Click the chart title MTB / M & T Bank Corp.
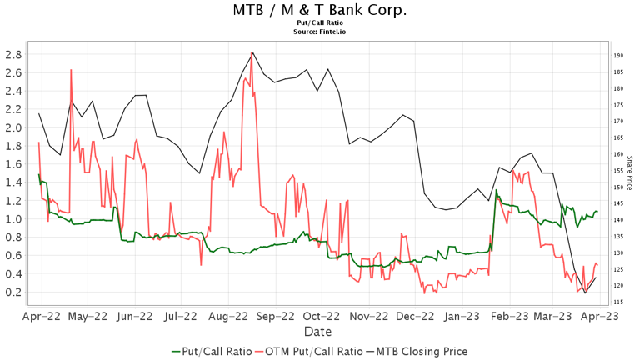(320, 10)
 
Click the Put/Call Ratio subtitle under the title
(320, 23)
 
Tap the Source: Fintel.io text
(320, 32)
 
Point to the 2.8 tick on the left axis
(13, 55)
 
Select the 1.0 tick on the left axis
(13, 219)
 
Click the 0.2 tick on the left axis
(13, 292)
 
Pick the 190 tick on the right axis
(619, 56)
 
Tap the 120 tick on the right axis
(619, 286)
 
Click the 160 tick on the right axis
(619, 154)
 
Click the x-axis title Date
(320, 332)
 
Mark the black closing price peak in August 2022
(252, 53)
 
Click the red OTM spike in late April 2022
(71, 70)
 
